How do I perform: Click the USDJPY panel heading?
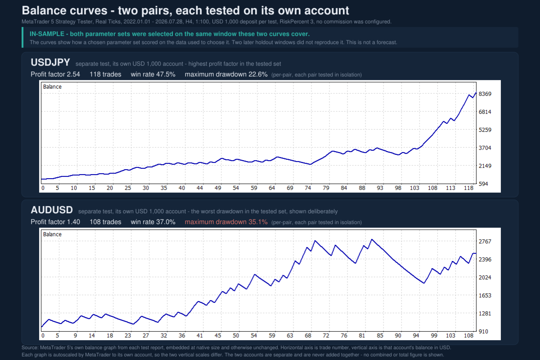point(50,63)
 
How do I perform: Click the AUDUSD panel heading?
point(52,210)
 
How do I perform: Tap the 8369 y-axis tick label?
point(485,94)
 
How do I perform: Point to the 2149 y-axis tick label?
point(485,166)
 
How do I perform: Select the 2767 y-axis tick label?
point(485,241)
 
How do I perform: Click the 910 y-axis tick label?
point(483,332)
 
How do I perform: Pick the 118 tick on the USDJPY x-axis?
point(468,188)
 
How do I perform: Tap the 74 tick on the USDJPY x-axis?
point(308,188)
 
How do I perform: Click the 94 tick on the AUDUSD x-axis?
point(416,336)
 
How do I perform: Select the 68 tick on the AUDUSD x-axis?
point(308,336)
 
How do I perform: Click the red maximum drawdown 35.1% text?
point(226,222)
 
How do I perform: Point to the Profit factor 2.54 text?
point(55,74)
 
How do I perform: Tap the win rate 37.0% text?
point(153,222)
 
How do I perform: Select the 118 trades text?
point(105,74)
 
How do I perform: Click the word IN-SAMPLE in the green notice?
point(47,34)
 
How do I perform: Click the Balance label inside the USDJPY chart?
point(52,87)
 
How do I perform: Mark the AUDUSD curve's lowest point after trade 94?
point(424,283)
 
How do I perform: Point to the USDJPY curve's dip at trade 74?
point(311,164)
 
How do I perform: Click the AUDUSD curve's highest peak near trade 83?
point(372,239)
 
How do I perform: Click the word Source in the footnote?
point(30,348)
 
